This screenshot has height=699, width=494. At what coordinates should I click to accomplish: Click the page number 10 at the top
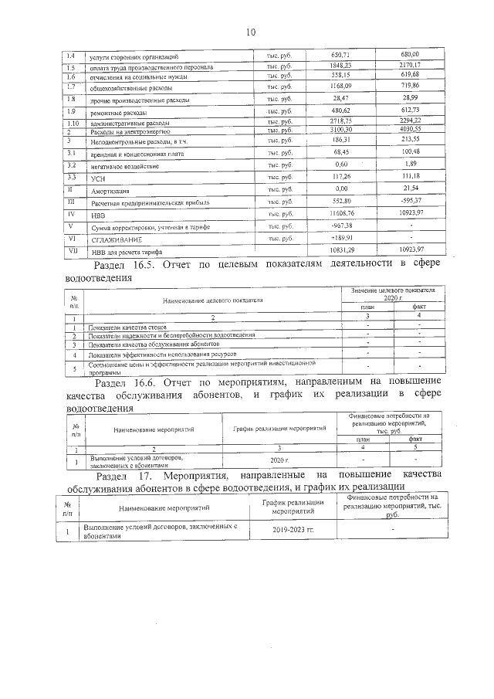tap(250, 32)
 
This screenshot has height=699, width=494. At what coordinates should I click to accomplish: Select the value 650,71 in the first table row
tap(341, 56)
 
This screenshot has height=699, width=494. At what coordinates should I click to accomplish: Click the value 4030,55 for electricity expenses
tap(410, 130)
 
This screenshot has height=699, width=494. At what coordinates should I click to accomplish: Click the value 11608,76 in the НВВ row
tap(341, 212)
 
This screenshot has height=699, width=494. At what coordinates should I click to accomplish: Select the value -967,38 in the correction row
tap(341, 226)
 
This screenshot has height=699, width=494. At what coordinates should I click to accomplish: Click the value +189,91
tap(341, 238)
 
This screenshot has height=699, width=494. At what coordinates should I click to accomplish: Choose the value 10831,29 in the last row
tap(341, 251)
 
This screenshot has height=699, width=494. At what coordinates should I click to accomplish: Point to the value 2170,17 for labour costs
tap(410, 67)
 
